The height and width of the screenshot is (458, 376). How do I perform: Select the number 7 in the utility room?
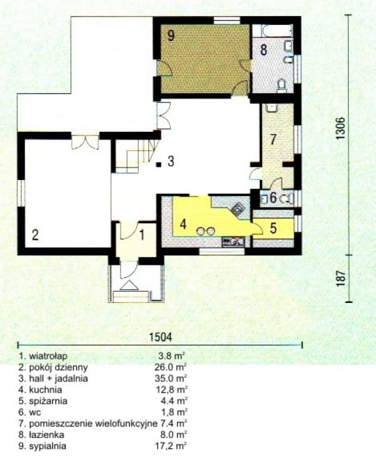pyautogui.click(x=273, y=140)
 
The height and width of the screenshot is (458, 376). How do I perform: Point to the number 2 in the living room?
pyautogui.click(x=35, y=235)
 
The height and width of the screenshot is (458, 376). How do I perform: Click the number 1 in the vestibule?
pyautogui.click(x=142, y=233)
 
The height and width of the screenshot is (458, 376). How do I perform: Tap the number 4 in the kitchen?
pyautogui.click(x=184, y=225)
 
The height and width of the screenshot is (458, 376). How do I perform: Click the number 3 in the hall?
pyautogui.click(x=170, y=162)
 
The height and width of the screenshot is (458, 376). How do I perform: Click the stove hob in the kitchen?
pyautogui.click(x=238, y=209)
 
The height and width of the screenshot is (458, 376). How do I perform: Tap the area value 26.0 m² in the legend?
pyautogui.click(x=171, y=367)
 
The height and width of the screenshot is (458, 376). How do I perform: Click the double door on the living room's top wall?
pyautogui.click(x=85, y=143)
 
